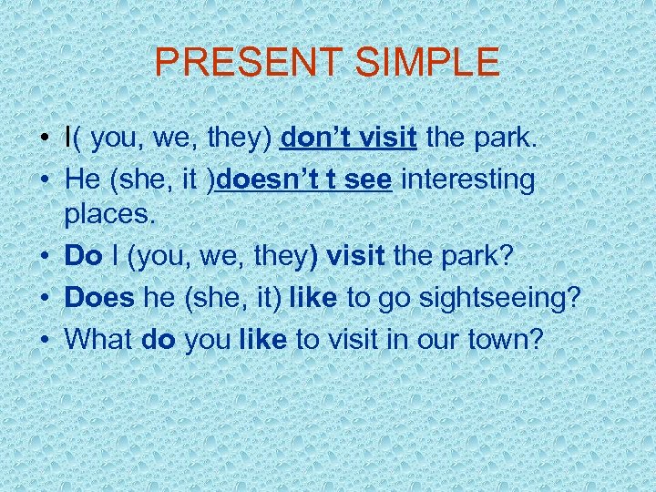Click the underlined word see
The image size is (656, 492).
[370, 179]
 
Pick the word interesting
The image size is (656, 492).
[468, 179]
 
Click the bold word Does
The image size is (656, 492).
[98, 297]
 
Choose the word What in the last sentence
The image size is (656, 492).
[100, 339]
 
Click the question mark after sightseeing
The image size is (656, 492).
[573, 297]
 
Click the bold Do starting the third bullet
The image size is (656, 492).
[83, 256]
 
